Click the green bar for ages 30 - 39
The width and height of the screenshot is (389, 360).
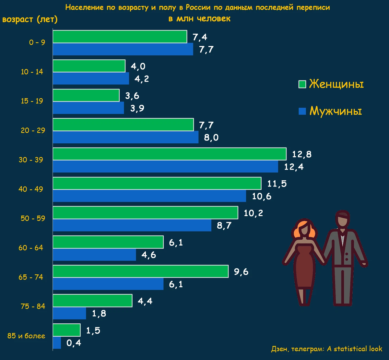(169, 154)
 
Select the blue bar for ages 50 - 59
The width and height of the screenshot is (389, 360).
(132, 225)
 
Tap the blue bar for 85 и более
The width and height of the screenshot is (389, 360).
(57, 342)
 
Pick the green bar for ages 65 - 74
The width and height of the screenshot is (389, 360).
(140, 271)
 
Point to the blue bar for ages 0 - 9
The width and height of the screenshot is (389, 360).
(123, 49)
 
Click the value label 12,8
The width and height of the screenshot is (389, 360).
(301, 154)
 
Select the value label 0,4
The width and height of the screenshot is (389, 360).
(74, 343)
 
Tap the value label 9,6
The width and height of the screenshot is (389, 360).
(241, 271)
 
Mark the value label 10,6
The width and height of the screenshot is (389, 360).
(261, 196)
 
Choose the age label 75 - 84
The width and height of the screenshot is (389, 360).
(33, 306)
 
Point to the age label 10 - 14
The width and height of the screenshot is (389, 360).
(32, 72)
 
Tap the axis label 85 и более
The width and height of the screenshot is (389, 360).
(26, 336)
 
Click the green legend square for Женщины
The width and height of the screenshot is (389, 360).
(302, 84)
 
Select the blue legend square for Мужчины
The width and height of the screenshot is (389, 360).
(302, 111)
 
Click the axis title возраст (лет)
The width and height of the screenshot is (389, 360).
(30, 19)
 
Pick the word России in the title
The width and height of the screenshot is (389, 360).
(198, 7)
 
